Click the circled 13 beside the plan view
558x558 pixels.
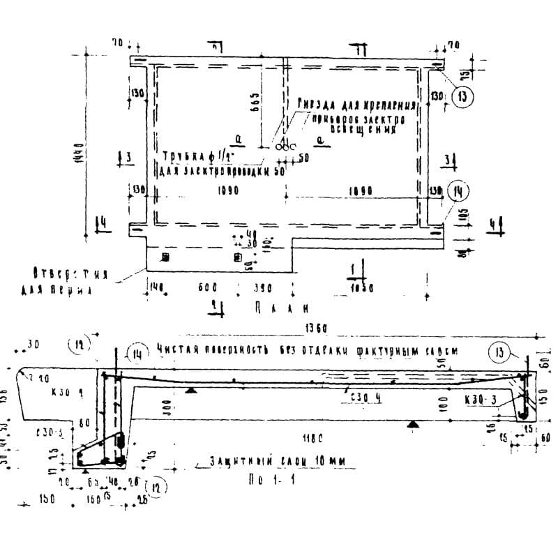461,97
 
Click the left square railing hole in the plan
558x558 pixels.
165,257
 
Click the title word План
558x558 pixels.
278,307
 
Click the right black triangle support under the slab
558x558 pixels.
413,423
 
